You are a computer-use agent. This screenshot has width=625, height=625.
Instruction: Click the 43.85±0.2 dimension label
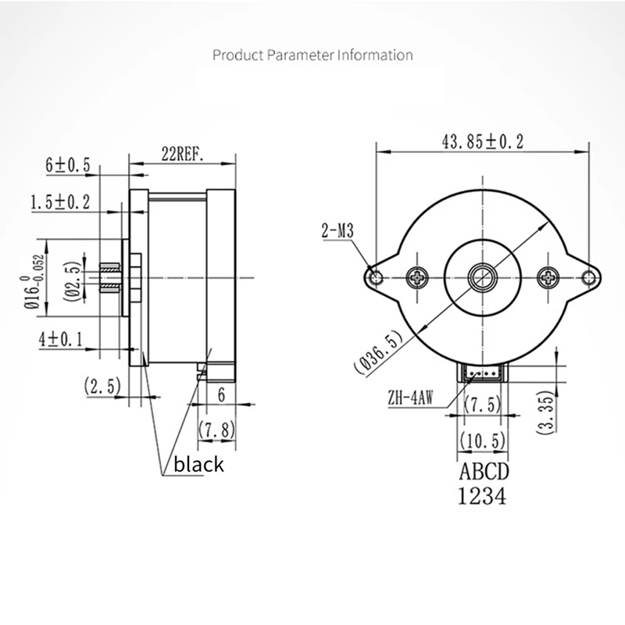(482, 141)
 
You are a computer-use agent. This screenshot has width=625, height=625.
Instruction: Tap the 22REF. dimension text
(183, 155)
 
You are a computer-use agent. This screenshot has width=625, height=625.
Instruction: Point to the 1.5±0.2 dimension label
(60, 202)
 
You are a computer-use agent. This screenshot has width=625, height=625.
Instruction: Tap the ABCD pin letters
(482, 473)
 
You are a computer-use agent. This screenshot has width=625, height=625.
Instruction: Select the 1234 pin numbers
(482, 495)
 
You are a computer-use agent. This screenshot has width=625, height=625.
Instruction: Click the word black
(198, 465)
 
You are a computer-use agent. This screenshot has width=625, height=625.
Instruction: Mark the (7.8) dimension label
(217, 428)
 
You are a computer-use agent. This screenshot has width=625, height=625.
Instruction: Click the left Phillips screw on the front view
(417, 276)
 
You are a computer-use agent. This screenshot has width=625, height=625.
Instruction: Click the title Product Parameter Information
(312, 55)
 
